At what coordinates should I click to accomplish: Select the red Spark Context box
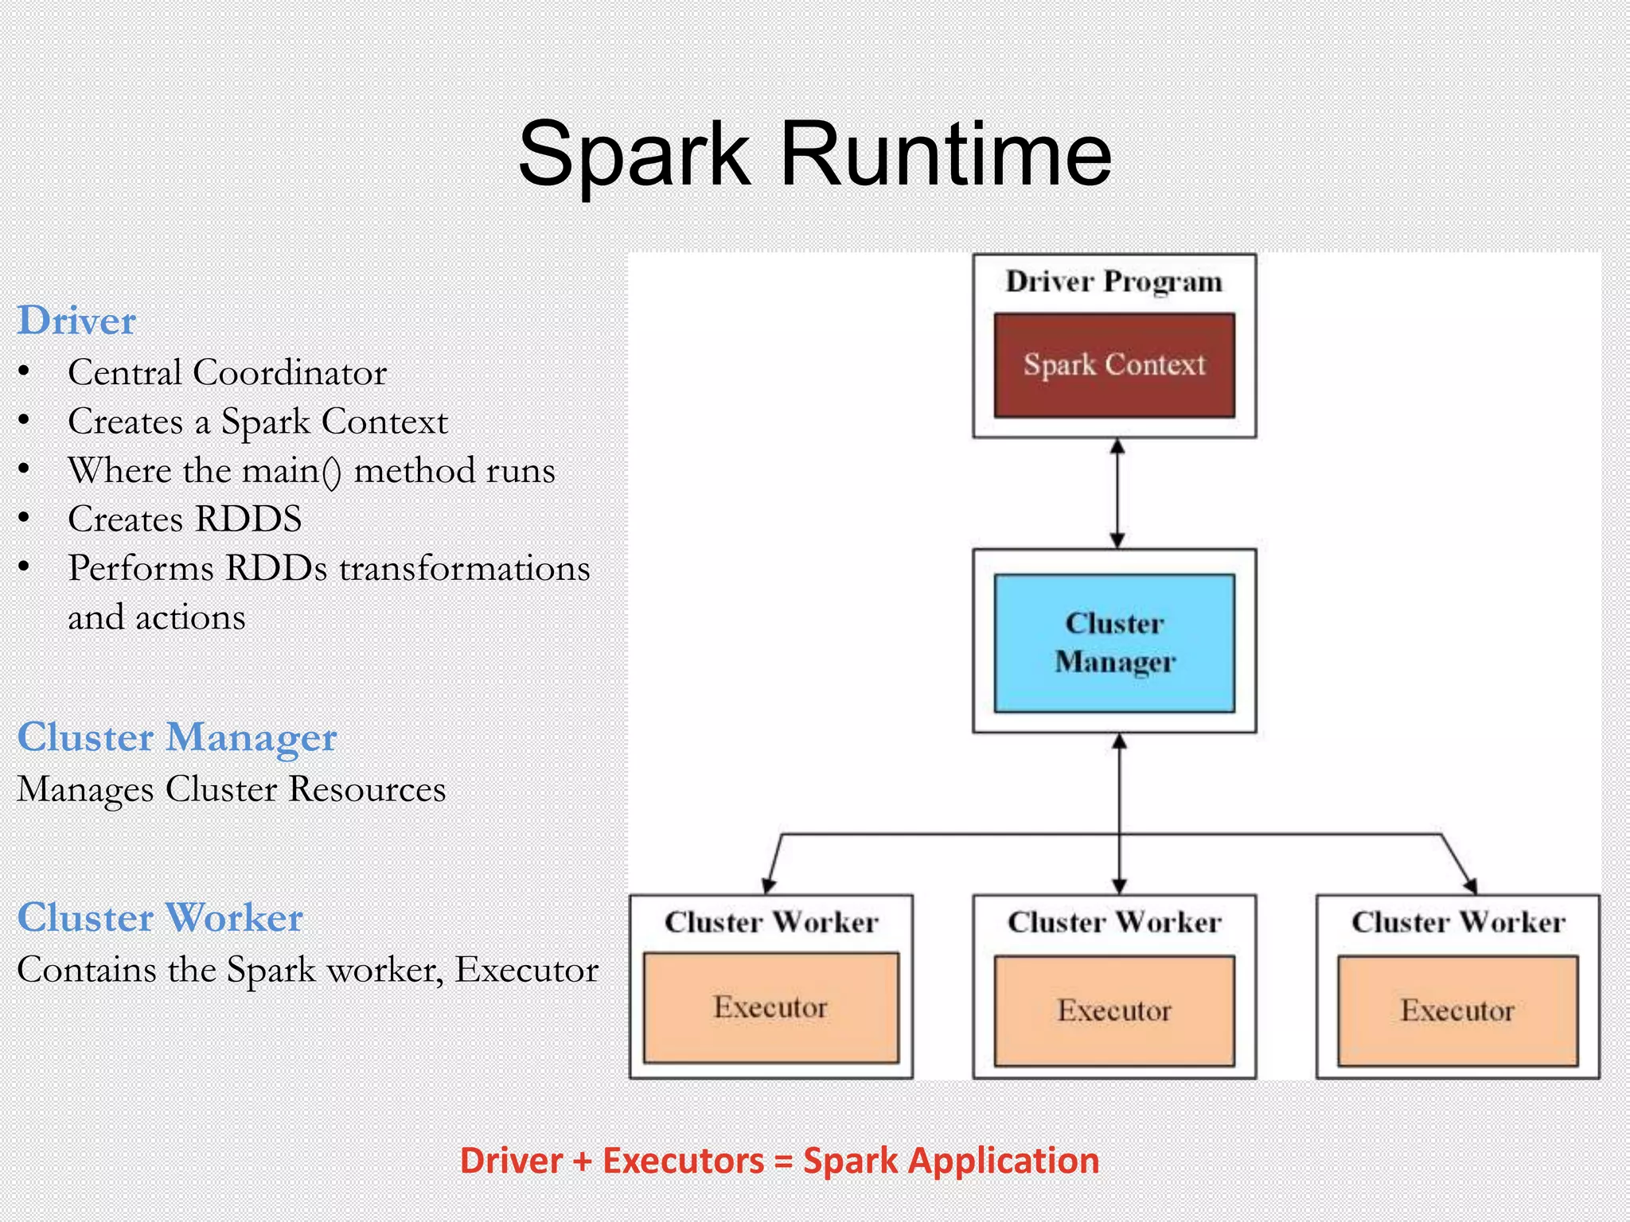pos(1113,365)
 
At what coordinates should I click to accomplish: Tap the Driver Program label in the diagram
pos(1113,282)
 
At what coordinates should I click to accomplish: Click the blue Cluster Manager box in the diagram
pos(1113,642)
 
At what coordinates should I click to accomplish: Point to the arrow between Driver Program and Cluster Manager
pos(1117,493)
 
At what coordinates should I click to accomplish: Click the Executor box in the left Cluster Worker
pos(770,1007)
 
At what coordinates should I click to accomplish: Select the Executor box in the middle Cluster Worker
pos(1113,1010)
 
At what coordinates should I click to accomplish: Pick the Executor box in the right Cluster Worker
pos(1456,1010)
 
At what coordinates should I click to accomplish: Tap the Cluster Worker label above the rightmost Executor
pos(1457,922)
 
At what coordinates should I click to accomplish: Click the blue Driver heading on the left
pos(76,321)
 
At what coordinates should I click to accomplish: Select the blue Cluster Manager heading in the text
pos(177,737)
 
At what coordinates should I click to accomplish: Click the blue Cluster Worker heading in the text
pos(160,918)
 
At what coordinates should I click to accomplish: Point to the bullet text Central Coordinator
pos(227,372)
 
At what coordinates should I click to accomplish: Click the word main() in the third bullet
pos(291,471)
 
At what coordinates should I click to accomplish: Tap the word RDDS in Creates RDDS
pos(248,520)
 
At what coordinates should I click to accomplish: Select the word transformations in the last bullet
pos(465,569)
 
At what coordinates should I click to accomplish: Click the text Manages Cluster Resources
pos(231,789)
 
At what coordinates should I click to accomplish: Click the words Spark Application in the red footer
pos(951,1161)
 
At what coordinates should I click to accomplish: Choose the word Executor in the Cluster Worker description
pos(526,970)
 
